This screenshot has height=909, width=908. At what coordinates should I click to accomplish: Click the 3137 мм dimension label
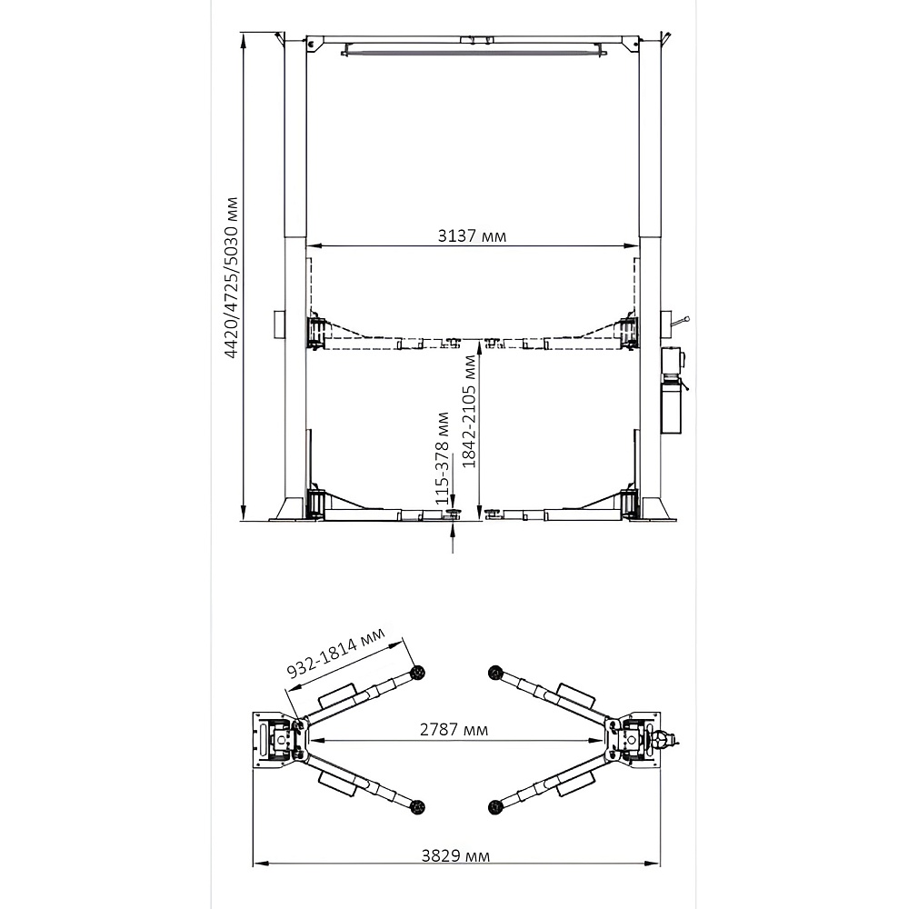tap(472, 236)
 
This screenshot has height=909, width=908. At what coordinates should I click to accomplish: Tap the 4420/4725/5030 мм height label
tap(232, 278)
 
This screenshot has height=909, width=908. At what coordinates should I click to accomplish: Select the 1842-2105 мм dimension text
tap(469, 412)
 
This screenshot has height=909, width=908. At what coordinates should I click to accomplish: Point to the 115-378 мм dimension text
tap(443, 457)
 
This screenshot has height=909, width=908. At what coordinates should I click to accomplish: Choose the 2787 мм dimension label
tap(454, 729)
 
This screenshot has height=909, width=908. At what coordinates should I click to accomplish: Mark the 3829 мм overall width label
tap(455, 855)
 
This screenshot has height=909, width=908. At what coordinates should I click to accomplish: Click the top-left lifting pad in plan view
tap(416, 673)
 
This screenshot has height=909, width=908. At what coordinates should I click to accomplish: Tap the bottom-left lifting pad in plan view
tap(417, 806)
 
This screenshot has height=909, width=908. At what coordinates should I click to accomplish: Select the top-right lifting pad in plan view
tap(494, 673)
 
